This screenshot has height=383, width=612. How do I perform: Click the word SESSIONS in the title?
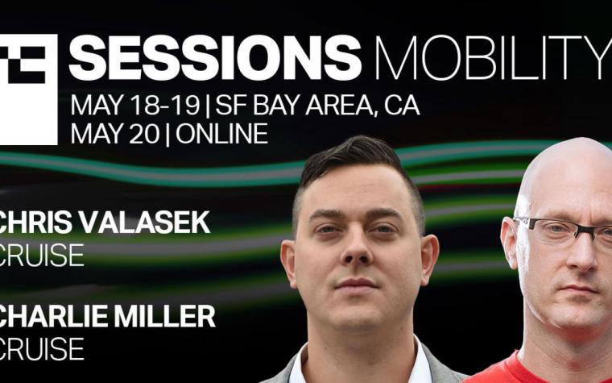[215, 57]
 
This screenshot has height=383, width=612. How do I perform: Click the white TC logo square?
[28, 90]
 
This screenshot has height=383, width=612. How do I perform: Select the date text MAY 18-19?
[135, 105]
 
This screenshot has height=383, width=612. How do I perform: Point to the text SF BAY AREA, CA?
[317, 106]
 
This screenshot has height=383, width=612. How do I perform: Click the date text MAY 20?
[115, 134]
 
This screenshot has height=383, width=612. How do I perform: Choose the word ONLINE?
[221, 134]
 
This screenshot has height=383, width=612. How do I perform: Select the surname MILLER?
[164, 316]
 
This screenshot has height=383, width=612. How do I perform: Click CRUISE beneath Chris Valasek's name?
[41, 255]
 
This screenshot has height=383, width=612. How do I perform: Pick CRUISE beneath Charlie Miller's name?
[41, 348]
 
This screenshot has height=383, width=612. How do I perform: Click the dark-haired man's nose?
[357, 249]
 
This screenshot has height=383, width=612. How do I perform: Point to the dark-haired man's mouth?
[356, 284]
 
